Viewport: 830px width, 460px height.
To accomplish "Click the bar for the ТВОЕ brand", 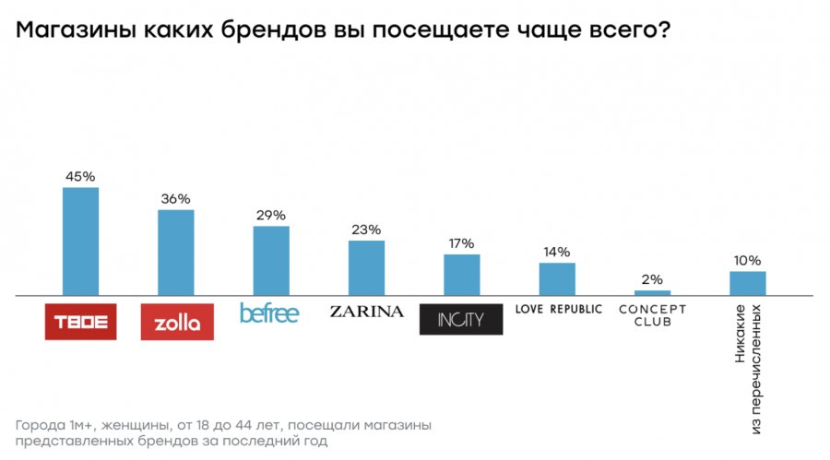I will [x=80, y=242].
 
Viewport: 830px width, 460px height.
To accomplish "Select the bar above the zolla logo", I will [x=175, y=253].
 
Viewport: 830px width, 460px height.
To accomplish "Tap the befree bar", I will [x=271, y=261].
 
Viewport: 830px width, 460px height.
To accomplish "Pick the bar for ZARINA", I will [x=366, y=268].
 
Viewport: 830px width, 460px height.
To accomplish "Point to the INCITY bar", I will [x=462, y=275].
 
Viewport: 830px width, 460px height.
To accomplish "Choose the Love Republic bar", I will [x=557, y=279].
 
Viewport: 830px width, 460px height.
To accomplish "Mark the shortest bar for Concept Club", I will [x=653, y=293].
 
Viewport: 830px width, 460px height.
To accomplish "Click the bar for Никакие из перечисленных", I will [x=748, y=284].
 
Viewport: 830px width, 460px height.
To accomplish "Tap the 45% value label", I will [x=80, y=176].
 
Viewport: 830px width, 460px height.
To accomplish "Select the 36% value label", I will [x=175, y=198].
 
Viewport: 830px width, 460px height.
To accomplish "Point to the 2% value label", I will [x=653, y=279].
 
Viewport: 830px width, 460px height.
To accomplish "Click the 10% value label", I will [x=748, y=260].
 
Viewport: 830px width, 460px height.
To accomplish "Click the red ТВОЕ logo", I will [x=81, y=322].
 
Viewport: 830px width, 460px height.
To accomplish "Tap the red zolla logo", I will [x=177, y=322].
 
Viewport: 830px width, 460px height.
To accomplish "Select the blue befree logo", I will [x=269, y=313].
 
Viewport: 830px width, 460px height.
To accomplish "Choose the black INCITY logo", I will [x=461, y=319].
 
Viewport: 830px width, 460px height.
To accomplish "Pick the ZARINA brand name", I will [x=366, y=312].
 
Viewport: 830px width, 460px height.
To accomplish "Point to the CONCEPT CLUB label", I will [x=652, y=315].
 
